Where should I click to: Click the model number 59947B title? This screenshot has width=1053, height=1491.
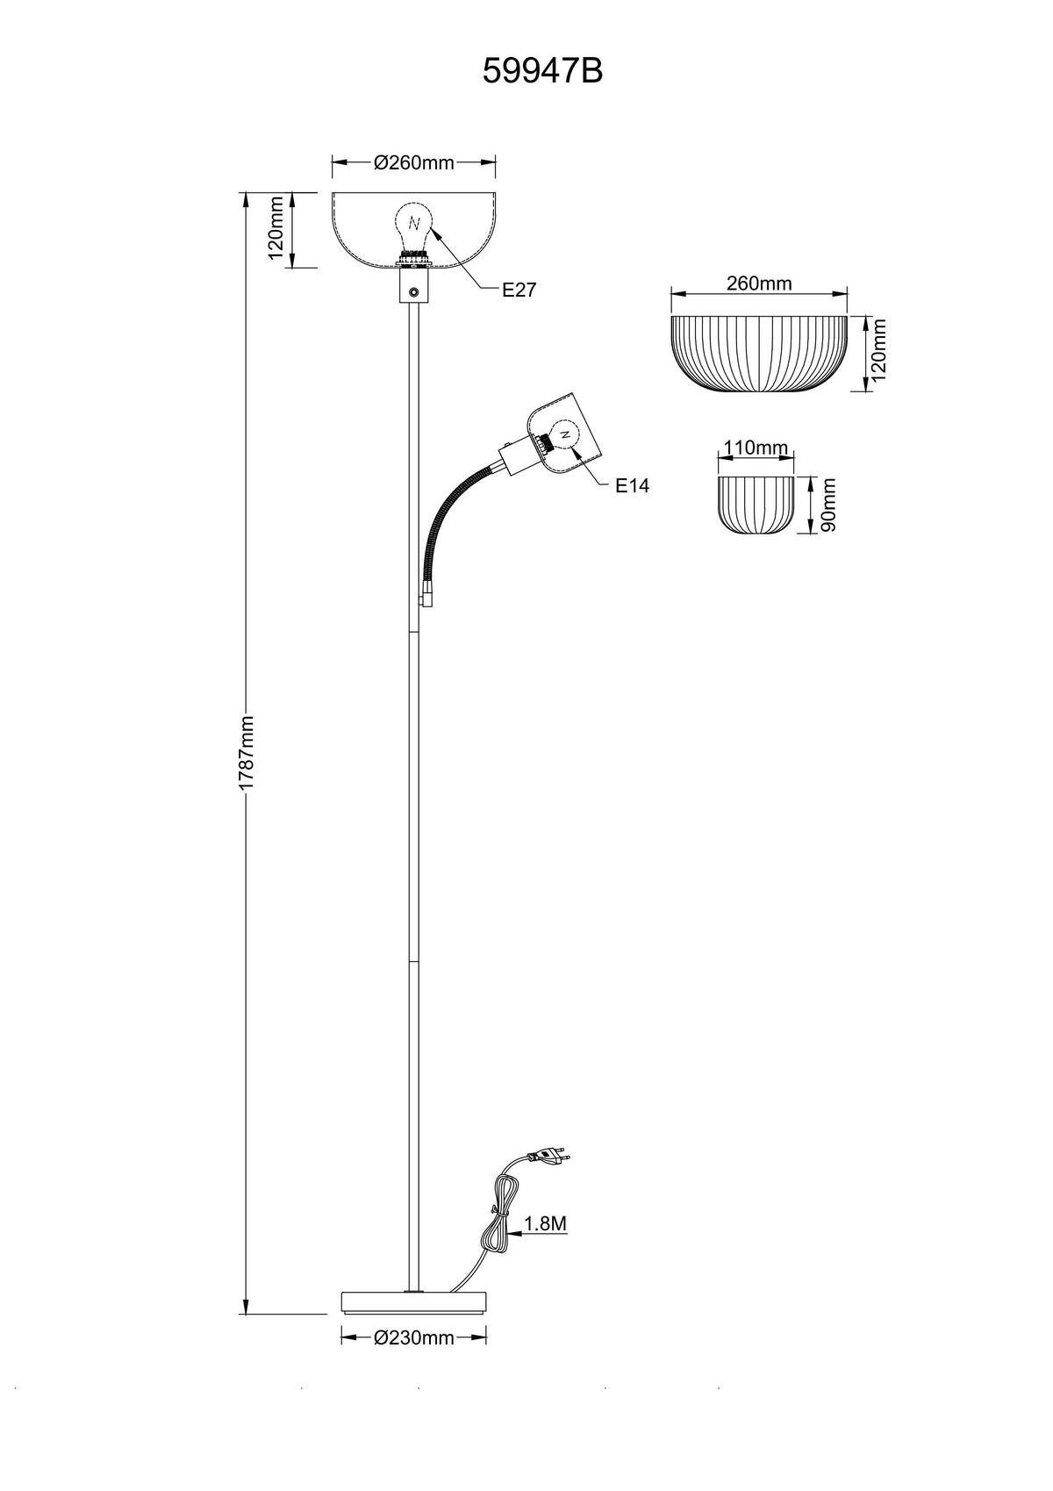(x=542, y=71)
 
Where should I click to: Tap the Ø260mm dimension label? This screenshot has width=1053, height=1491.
(x=413, y=162)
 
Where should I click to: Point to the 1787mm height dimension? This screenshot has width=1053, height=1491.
(x=247, y=753)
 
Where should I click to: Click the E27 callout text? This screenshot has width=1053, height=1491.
(x=519, y=290)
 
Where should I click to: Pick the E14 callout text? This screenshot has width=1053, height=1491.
(x=632, y=486)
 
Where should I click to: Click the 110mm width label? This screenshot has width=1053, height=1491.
(x=756, y=448)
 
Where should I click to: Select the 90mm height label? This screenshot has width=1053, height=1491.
(x=828, y=505)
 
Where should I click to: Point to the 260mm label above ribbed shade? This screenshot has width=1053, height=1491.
(x=759, y=283)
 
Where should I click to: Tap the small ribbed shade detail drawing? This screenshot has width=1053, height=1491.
(x=756, y=505)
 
